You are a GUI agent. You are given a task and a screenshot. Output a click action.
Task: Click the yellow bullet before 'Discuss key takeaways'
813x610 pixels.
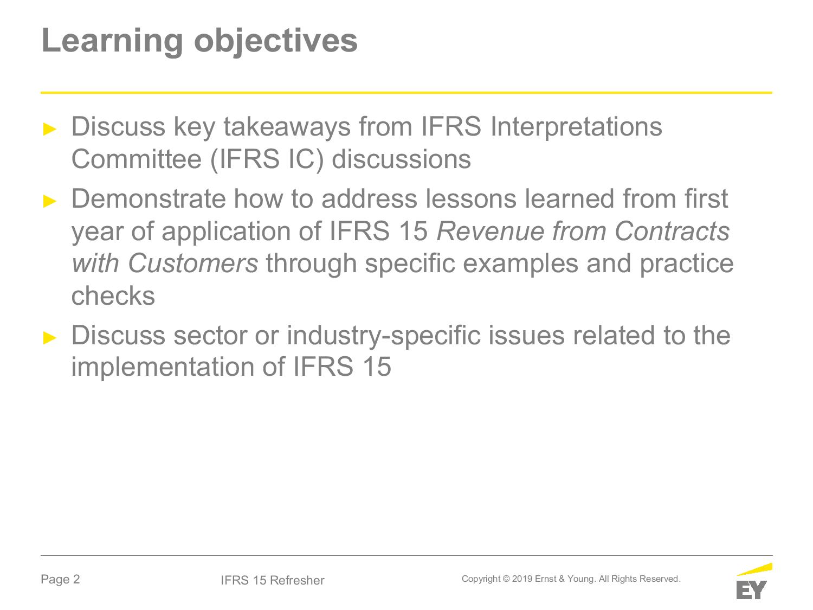pyautogui.click(x=50, y=129)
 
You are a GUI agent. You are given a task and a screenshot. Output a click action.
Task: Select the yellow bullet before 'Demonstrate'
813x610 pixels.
pyautogui.click(x=50, y=202)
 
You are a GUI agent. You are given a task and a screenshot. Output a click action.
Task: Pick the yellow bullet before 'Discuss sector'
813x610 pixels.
pyautogui.click(x=50, y=338)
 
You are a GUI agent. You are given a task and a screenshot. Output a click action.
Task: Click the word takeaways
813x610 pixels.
pyautogui.click(x=287, y=127)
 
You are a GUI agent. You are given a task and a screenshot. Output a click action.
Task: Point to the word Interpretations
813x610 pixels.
pyautogui.click(x=576, y=127)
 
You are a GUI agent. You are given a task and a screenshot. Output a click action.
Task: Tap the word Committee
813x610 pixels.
pyautogui.click(x=137, y=159)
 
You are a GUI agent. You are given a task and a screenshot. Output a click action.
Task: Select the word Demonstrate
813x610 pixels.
pyautogui.click(x=149, y=199)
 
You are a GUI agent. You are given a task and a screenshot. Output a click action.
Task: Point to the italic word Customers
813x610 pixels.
pyautogui.click(x=192, y=264)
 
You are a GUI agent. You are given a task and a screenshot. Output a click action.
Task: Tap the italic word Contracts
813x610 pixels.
pyautogui.click(x=672, y=231)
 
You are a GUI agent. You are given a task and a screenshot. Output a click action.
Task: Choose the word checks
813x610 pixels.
pyautogui.click(x=113, y=296)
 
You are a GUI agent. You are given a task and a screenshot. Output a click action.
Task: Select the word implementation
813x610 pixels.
pyautogui.click(x=163, y=368)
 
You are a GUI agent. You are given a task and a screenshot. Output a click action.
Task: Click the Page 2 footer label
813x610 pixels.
pyautogui.click(x=60, y=579)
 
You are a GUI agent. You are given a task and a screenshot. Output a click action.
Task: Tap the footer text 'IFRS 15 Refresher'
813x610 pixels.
pyautogui.click(x=272, y=580)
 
